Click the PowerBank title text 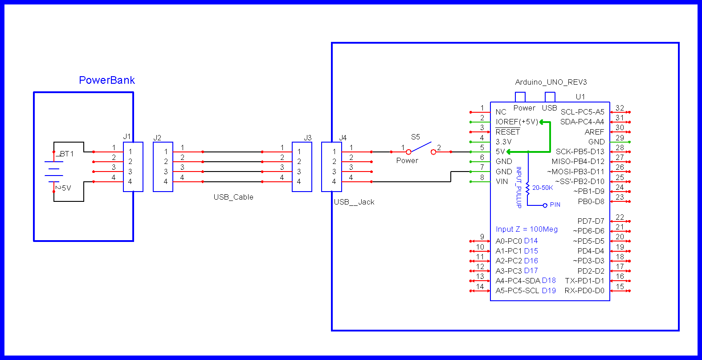[x=107, y=80]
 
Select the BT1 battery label [x=67, y=154]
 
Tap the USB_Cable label [x=233, y=197]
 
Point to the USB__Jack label [x=354, y=202]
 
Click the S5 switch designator [x=415, y=137]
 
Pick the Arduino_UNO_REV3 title [x=551, y=82]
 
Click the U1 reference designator [x=580, y=97]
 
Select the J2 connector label [x=157, y=138]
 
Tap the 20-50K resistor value [x=543, y=188]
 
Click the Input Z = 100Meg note [x=526, y=229]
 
